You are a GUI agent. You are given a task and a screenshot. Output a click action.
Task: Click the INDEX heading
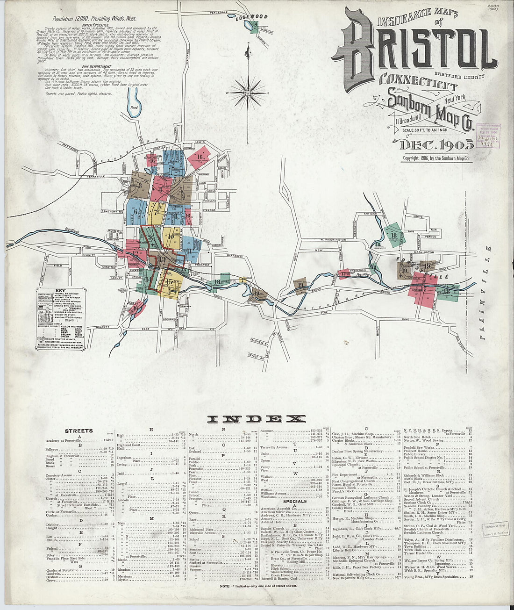[x=257, y=419]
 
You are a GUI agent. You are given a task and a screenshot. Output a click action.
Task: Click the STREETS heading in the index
[x=79, y=431]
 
